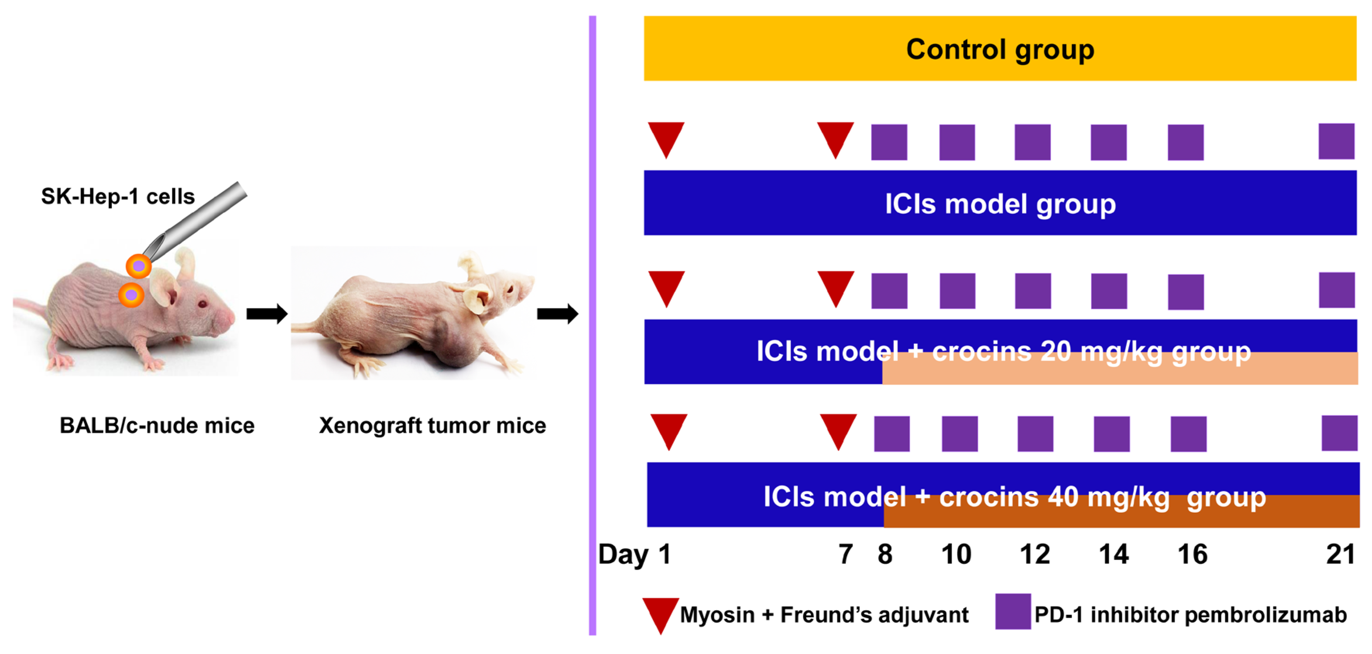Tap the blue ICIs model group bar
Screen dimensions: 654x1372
(1000, 203)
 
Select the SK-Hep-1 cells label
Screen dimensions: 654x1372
(118, 197)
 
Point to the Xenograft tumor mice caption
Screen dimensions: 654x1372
(432, 426)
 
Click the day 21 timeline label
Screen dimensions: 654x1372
(1340, 554)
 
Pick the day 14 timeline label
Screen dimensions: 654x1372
(1113, 554)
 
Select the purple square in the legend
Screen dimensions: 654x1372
(1012, 611)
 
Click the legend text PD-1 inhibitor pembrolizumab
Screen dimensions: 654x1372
(1190, 615)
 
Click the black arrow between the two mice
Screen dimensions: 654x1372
(266, 314)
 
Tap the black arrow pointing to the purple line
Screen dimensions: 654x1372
(557, 314)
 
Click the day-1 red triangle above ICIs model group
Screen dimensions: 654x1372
(666, 137)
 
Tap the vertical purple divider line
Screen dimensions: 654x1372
(592, 325)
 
